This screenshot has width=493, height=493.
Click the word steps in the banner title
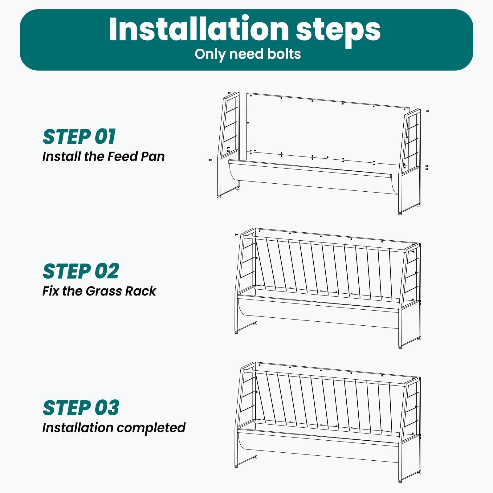coord(338,30)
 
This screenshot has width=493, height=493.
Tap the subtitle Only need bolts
coord(248,54)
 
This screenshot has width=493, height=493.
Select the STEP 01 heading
coord(79,137)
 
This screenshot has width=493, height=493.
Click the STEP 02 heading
coord(81,271)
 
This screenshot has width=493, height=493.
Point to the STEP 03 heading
coord(81,408)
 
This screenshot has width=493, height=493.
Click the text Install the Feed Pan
coord(104,157)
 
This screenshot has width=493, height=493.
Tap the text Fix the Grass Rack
coord(99,291)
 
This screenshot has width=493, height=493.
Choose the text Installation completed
coord(114,428)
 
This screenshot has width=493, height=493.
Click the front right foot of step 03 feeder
coord(400,481)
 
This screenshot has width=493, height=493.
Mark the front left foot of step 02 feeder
coord(236,332)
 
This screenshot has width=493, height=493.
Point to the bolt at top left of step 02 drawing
coord(236,234)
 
